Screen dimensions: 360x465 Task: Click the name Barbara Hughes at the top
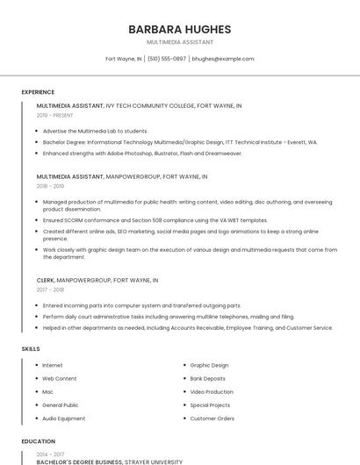[179, 29]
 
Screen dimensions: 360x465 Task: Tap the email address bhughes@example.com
[222, 59]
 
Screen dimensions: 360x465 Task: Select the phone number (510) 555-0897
[166, 59]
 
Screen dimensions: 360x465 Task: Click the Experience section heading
[38, 92]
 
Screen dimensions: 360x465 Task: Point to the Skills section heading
[31, 349]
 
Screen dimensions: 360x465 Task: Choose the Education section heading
[39, 441]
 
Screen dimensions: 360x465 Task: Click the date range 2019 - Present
[55, 115]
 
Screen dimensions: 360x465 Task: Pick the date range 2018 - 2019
[50, 186]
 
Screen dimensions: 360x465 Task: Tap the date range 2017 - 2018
[50, 290]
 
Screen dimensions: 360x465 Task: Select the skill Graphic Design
[209, 365]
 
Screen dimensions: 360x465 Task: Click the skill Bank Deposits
[208, 378]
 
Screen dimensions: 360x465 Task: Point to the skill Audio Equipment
[64, 418]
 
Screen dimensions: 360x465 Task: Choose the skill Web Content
[60, 378]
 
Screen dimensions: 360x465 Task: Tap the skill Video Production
[212, 391]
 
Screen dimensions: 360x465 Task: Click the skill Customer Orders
[212, 418]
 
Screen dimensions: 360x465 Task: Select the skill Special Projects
[210, 405]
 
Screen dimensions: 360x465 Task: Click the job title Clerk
[45, 280]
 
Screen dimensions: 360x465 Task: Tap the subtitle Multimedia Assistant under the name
[179, 42]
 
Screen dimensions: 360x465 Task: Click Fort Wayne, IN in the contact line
[124, 59]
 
